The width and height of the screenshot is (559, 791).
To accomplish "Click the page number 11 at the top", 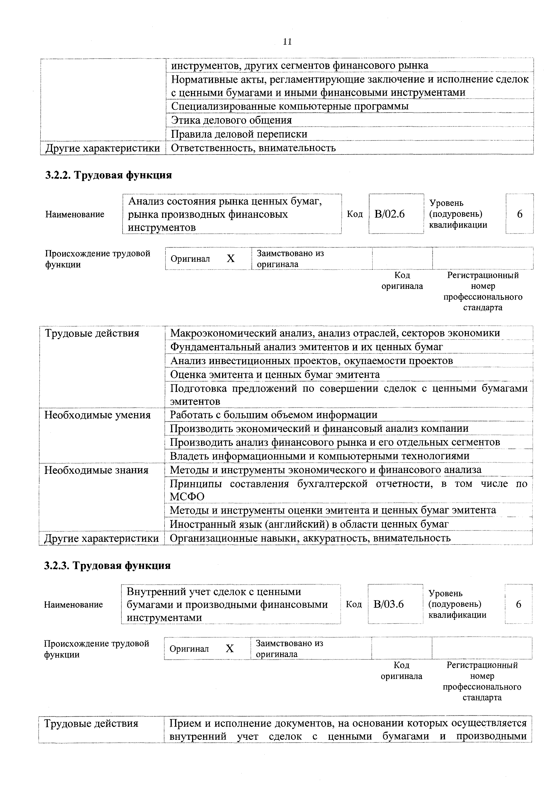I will point(287,42).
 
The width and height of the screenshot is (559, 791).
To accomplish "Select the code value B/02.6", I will point(389,214).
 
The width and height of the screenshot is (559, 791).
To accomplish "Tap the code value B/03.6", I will point(389,604).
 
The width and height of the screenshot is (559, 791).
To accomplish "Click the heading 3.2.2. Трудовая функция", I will point(108,175).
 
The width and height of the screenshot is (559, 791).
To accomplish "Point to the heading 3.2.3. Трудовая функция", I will point(108,566).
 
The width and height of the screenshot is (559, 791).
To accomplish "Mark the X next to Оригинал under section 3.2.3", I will point(230,649).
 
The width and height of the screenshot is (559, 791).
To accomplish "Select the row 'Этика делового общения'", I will point(231,120).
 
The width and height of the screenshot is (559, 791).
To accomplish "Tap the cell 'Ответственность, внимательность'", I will point(253,148).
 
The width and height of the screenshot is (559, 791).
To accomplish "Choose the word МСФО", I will point(187,497).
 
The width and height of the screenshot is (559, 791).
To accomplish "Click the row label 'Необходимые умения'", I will point(97,415).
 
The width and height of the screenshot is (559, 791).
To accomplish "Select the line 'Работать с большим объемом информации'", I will point(274,415).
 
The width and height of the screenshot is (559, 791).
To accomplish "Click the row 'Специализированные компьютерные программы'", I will point(290,106).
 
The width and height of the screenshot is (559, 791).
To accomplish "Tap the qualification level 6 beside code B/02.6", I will point(519,214).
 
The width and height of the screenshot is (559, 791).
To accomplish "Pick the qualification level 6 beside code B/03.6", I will point(519,604).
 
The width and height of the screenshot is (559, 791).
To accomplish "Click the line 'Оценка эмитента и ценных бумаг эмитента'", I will point(275,375).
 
